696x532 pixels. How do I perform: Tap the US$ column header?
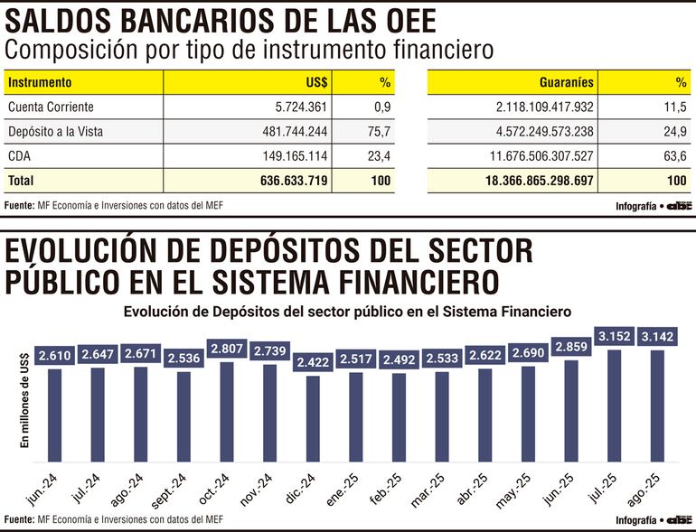point(316,82)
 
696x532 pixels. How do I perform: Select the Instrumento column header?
point(40,82)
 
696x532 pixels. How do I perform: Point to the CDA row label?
point(19,156)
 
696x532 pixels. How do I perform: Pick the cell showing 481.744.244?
point(290,132)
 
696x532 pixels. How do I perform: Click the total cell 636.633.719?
point(290,181)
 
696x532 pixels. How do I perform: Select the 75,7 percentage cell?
point(381,132)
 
